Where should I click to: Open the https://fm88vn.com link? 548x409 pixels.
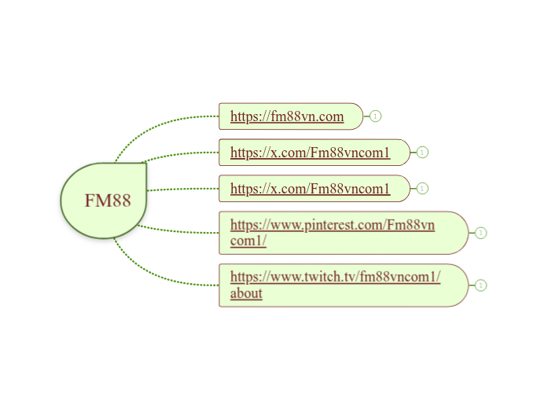pyautogui.click(x=287, y=117)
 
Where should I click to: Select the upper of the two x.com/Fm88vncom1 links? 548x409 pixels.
pyautogui.click(x=310, y=153)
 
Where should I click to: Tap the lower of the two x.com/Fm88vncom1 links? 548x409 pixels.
pyautogui.click(x=310, y=189)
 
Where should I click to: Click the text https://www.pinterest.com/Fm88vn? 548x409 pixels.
pyautogui.click(x=332, y=226)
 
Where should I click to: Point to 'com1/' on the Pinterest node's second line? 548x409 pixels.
pyautogui.click(x=248, y=241)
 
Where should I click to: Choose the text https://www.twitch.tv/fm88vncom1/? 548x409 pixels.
pyautogui.click(x=335, y=277)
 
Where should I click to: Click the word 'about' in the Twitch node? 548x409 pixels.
pyautogui.click(x=246, y=294)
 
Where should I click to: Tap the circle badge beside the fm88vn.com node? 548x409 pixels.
pyautogui.click(x=376, y=116)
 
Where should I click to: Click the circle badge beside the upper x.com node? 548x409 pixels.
pyautogui.click(x=423, y=153)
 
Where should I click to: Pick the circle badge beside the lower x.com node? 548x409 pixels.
pyautogui.click(x=423, y=189)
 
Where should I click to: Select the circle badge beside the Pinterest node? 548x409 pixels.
pyautogui.click(x=481, y=233)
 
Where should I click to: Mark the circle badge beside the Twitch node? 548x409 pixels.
pyautogui.click(x=481, y=286)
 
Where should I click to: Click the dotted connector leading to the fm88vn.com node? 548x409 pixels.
pyautogui.click(x=157, y=123)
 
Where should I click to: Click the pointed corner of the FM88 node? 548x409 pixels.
pyautogui.click(x=145, y=164)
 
